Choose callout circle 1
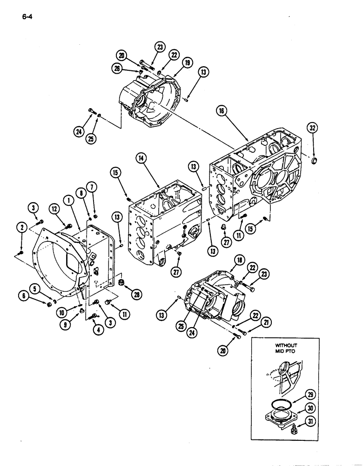coord(69,201)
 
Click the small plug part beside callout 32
coord(313,161)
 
